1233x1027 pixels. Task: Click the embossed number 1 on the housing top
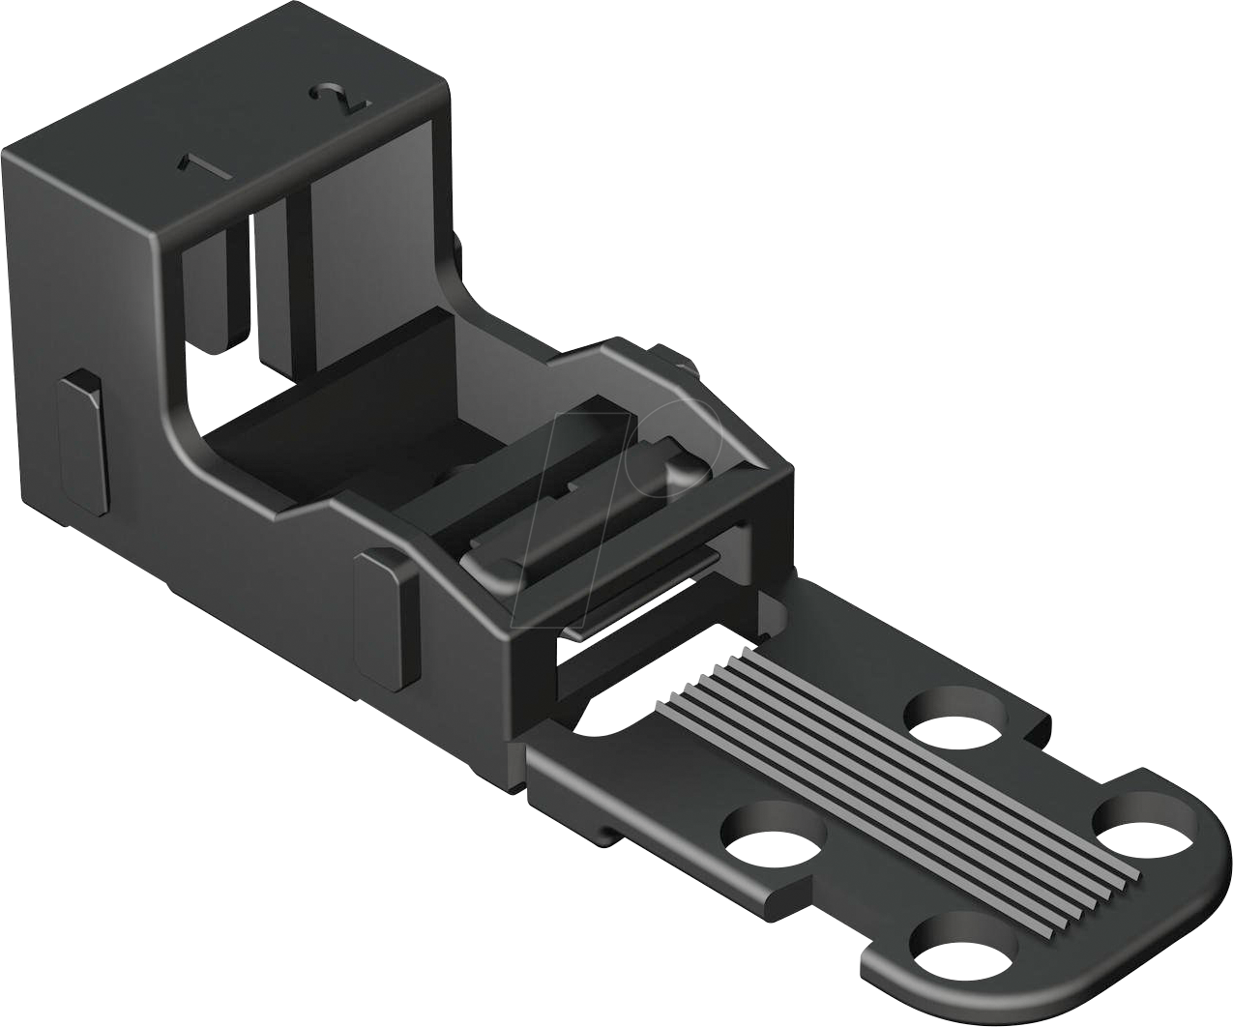point(204,167)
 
